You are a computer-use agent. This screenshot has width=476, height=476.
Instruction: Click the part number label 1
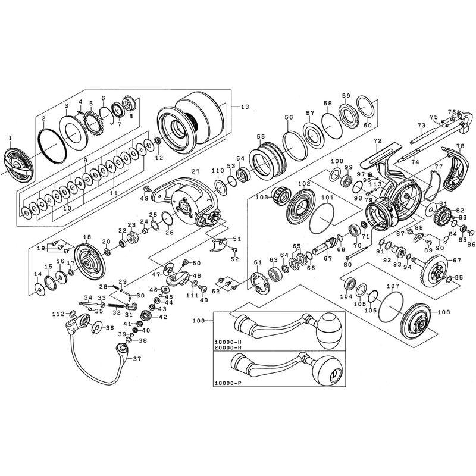click(10, 138)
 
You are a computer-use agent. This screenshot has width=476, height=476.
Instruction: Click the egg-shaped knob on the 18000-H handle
click(331, 331)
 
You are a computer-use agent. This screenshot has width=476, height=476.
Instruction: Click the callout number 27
click(195, 172)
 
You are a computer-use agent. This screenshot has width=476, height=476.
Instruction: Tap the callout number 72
click(377, 141)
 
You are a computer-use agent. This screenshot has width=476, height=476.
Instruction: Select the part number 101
click(327, 198)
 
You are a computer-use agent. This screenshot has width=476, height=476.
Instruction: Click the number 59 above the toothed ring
click(346, 95)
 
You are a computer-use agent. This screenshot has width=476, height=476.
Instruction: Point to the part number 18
click(86, 236)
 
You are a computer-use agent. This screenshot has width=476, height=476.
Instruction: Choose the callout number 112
click(58, 314)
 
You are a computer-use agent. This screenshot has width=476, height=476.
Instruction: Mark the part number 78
click(460, 146)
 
